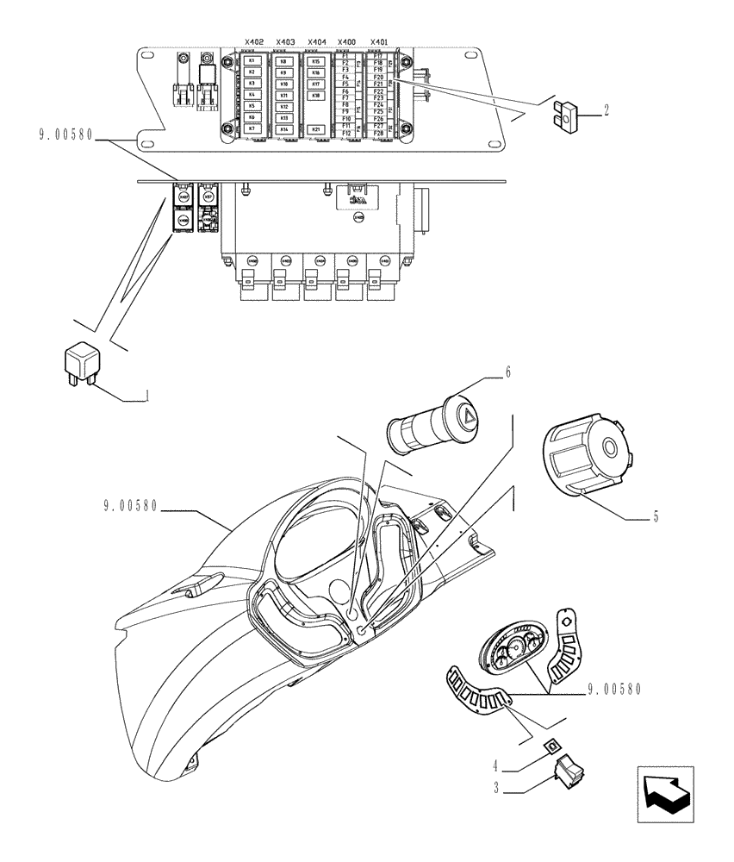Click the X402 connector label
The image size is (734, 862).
coord(252,41)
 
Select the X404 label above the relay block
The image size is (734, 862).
coord(316,41)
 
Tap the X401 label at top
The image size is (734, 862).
coord(378,41)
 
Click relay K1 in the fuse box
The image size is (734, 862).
coord(252,61)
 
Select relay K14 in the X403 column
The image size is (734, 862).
coord(283,128)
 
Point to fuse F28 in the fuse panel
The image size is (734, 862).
coord(378,134)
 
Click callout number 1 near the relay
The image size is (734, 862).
coord(147,397)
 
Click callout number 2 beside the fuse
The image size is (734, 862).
coord(606,109)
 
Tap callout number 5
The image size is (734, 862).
coord(655,517)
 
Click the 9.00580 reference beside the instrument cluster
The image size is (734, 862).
coord(616,689)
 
